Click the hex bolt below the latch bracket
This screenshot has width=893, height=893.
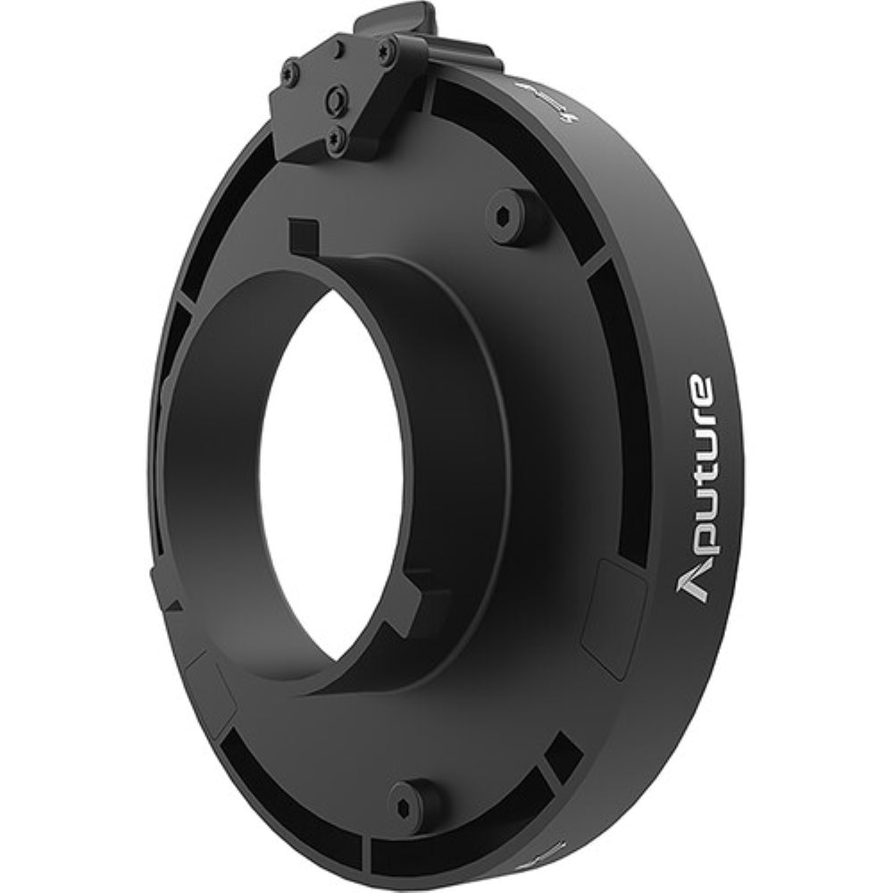pos(517,214)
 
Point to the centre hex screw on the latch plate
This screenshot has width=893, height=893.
pos(337,99)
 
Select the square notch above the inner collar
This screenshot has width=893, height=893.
pos(304,237)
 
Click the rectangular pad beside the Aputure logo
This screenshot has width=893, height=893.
pos(614,616)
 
